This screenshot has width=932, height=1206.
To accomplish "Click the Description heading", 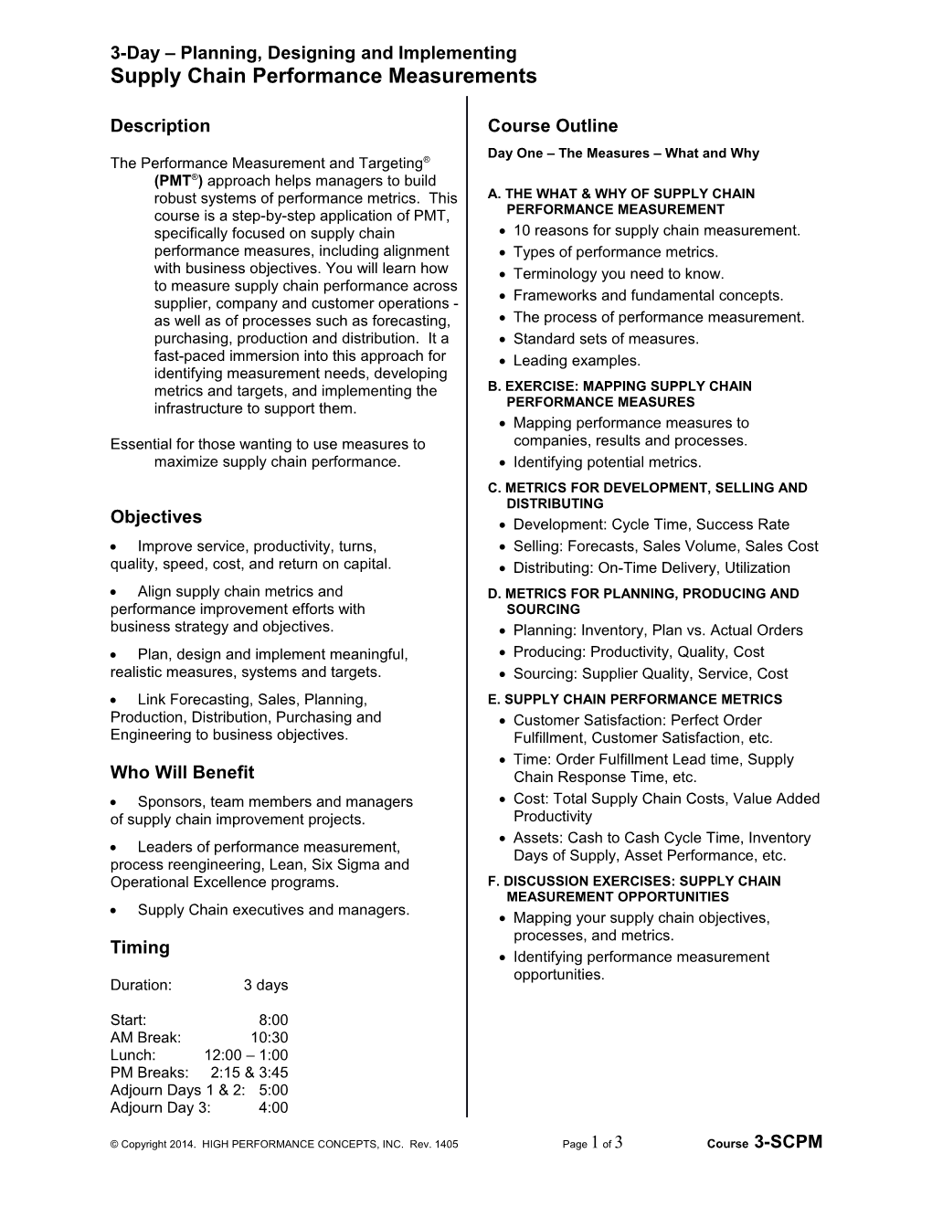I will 160,126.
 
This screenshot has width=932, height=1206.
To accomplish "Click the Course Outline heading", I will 553,126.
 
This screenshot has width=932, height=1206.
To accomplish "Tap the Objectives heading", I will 156,517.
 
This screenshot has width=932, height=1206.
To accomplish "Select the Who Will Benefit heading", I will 182,773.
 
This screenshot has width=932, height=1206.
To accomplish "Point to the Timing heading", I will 140,947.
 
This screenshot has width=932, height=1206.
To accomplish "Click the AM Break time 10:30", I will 270,1038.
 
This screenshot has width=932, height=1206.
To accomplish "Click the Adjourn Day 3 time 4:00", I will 273,1108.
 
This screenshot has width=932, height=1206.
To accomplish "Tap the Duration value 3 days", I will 266,986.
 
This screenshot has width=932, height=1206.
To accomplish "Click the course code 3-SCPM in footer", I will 789,1143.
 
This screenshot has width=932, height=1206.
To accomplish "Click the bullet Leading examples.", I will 577,361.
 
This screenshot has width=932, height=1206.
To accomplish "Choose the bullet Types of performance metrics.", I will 616,252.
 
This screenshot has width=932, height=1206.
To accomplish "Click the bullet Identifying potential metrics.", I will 608,462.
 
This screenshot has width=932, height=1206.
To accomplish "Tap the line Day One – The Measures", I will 623,153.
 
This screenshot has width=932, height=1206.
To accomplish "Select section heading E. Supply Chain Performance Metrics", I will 635,700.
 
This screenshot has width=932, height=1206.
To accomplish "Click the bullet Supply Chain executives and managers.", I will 273,910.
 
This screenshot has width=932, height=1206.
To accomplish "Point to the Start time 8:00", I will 273,1021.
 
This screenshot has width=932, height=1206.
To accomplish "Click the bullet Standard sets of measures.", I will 606,339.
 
